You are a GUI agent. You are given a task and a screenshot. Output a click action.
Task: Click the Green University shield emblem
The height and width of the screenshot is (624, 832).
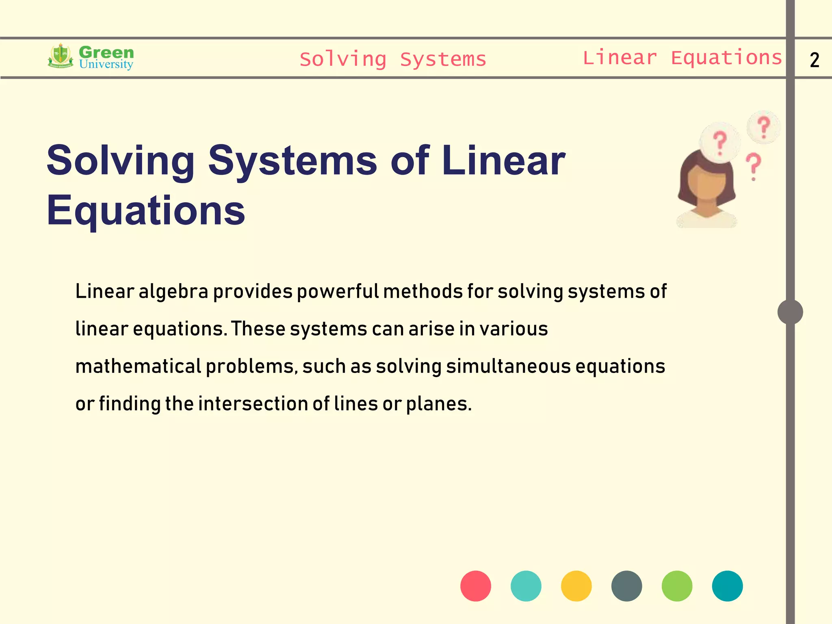pos(61,56)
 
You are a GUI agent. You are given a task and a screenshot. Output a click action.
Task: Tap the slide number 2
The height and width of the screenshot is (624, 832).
pos(814,60)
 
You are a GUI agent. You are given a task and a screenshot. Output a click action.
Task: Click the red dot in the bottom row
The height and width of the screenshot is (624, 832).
pos(475,586)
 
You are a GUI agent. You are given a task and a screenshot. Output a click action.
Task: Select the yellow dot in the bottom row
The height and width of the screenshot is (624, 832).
pos(576,586)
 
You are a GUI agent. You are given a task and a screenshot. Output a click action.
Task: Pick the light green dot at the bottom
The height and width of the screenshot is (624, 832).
pos(677,586)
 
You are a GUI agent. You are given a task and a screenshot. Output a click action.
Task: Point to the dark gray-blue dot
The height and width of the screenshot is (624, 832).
pos(626,586)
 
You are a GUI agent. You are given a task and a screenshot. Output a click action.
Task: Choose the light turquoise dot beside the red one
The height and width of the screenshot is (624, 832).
pos(526,586)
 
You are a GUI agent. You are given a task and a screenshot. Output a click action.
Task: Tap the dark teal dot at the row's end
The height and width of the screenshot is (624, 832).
pos(727,586)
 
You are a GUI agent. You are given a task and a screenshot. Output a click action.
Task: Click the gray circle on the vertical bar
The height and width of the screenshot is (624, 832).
pos(790,312)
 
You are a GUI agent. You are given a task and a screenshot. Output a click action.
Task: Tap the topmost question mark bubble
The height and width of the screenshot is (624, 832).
pos(764,127)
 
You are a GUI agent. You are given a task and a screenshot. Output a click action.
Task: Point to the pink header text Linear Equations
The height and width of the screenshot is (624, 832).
pos(682,58)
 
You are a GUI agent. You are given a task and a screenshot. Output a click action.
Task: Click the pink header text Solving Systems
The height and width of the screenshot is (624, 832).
pos(393,59)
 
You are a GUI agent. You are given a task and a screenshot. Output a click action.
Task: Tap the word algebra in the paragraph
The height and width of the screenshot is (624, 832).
pos(173,292)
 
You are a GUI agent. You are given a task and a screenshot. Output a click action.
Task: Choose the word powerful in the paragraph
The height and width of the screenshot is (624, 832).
pos(338,292)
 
